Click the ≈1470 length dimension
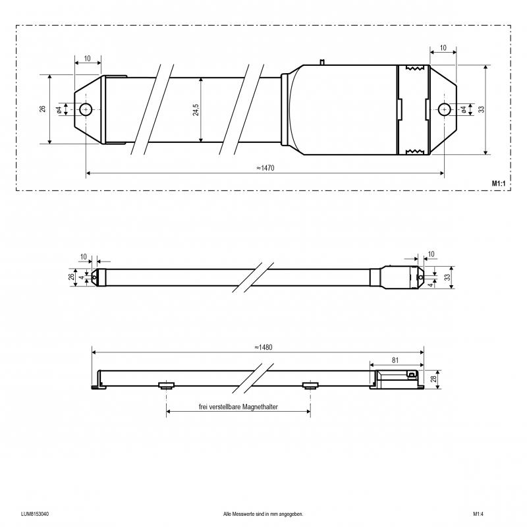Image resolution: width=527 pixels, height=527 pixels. (265, 168)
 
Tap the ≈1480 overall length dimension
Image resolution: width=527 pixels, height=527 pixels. (263, 347)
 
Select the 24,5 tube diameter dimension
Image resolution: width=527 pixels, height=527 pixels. (196, 109)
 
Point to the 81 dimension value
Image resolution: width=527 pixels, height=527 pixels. (395, 360)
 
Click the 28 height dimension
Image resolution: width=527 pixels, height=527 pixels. (434, 379)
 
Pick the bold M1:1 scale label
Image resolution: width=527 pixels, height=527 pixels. (499, 184)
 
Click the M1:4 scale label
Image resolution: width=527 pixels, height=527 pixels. (478, 514)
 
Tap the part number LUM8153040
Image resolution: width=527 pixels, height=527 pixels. (35, 514)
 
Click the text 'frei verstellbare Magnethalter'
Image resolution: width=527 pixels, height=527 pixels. (238, 406)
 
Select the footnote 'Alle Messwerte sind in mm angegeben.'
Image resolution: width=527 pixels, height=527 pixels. (263, 514)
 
